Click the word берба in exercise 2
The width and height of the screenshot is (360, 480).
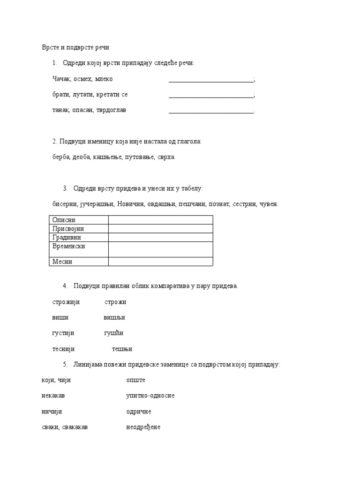(61, 157)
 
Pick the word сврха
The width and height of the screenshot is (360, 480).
(166, 157)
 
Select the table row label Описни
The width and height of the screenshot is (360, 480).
(64, 220)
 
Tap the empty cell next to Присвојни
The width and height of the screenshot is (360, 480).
(160, 229)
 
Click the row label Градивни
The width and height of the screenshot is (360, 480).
(67, 238)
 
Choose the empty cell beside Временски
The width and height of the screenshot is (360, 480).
(160, 249)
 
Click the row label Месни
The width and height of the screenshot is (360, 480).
(62, 262)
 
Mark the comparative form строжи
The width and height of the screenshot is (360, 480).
(115, 302)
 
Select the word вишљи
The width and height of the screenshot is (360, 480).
(114, 317)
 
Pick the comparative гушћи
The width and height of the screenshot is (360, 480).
(113, 333)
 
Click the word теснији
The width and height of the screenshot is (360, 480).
(64, 349)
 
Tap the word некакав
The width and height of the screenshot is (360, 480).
(53, 396)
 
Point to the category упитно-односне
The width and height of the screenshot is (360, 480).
(150, 396)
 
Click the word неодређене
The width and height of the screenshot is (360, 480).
(143, 427)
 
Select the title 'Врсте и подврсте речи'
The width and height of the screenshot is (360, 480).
(75, 48)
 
